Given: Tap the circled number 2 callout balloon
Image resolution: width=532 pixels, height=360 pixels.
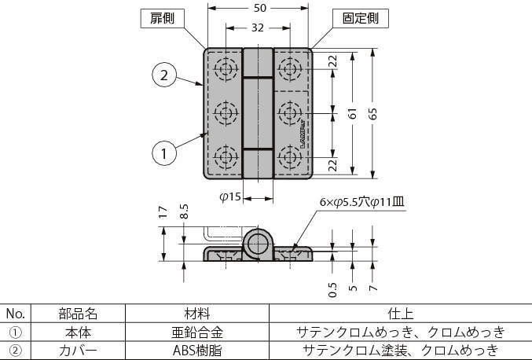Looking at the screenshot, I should pyautogui.click(x=163, y=75).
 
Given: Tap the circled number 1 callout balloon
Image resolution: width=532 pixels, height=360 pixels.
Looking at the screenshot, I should pyautogui.click(x=163, y=154).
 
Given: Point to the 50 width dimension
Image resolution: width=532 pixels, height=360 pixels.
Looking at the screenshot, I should pyautogui.click(x=259, y=9).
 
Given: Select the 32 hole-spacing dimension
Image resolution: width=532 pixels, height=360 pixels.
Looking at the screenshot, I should pyautogui.click(x=259, y=27).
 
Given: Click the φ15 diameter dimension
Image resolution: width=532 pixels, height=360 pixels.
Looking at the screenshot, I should pyautogui.click(x=229, y=197).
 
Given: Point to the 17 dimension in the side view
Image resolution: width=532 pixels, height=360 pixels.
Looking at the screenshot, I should pyautogui.click(x=163, y=211).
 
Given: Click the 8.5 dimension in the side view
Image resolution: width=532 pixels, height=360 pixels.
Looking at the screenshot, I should pyautogui.click(x=183, y=213).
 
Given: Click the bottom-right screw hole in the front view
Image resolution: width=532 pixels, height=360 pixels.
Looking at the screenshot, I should pyautogui.click(x=291, y=158).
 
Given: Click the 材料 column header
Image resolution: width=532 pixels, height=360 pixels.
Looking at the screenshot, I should pyautogui.click(x=196, y=314).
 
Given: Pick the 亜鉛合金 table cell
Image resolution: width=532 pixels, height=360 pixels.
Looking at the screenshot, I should pyautogui.click(x=196, y=332).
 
